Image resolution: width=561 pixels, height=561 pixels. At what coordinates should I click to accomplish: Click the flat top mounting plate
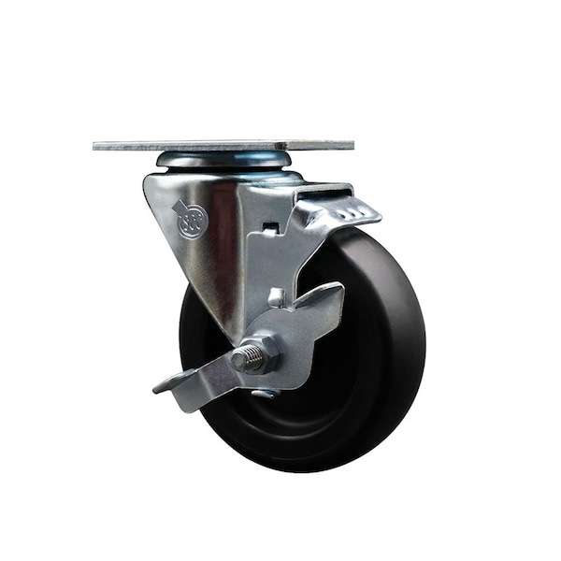pos(224,146)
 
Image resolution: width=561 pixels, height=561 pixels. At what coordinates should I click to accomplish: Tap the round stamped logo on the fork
pos(191,225)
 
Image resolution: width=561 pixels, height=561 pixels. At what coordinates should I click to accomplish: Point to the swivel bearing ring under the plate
pos(224,161)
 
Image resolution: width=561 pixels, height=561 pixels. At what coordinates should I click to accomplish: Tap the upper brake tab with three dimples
pos(346,211)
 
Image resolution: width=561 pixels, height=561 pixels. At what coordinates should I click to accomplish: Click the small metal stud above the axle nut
pos(276,298)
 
